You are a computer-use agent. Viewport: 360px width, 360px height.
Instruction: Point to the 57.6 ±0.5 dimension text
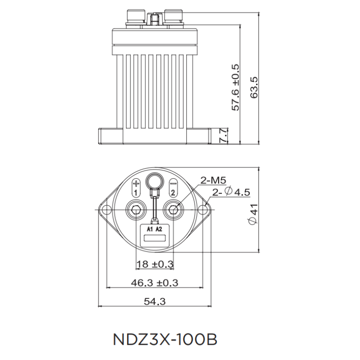236,88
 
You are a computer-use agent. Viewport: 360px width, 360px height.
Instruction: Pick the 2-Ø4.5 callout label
231,192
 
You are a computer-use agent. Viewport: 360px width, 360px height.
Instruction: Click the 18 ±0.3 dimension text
155,264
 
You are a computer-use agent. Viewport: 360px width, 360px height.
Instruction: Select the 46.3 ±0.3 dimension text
155,283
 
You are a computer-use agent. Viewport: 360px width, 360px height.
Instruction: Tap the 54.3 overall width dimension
155,302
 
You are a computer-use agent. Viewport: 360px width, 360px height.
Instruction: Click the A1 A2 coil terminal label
154,229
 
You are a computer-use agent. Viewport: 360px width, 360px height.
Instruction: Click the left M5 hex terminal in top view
136,210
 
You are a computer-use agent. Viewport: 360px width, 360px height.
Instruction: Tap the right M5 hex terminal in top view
173,210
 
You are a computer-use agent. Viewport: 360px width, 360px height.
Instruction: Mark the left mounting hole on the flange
107,210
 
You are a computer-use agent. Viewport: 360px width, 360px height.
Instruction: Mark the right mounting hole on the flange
203,210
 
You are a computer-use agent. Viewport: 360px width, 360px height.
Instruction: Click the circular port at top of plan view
155,183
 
